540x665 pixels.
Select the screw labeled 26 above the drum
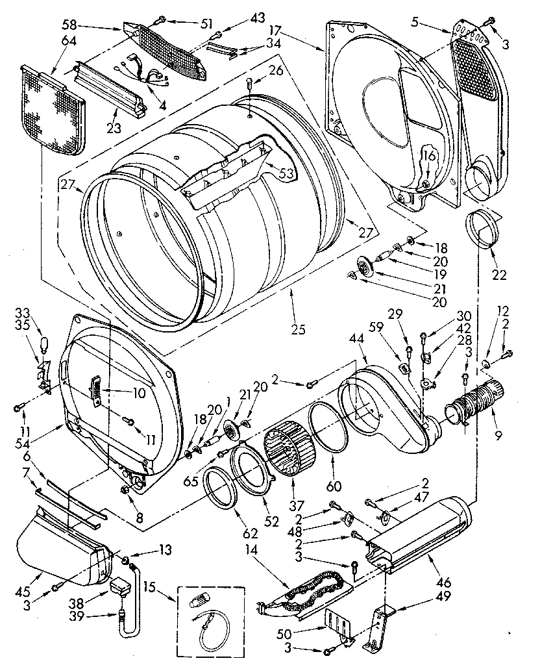[x=251, y=83]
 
